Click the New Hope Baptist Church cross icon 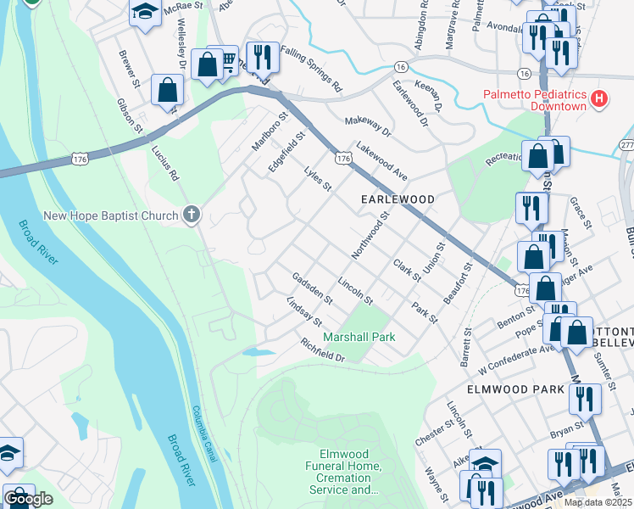(x=192, y=215)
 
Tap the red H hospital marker (x=600, y=99)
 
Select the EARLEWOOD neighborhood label (x=398, y=199)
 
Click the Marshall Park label (x=359, y=337)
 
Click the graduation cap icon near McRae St (x=145, y=12)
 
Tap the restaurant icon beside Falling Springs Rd (x=262, y=57)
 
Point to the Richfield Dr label (x=323, y=350)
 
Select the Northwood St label (x=370, y=237)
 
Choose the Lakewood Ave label (x=382, y=159)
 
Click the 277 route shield (x=626, y=146)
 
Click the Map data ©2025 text (x=598, y=502)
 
